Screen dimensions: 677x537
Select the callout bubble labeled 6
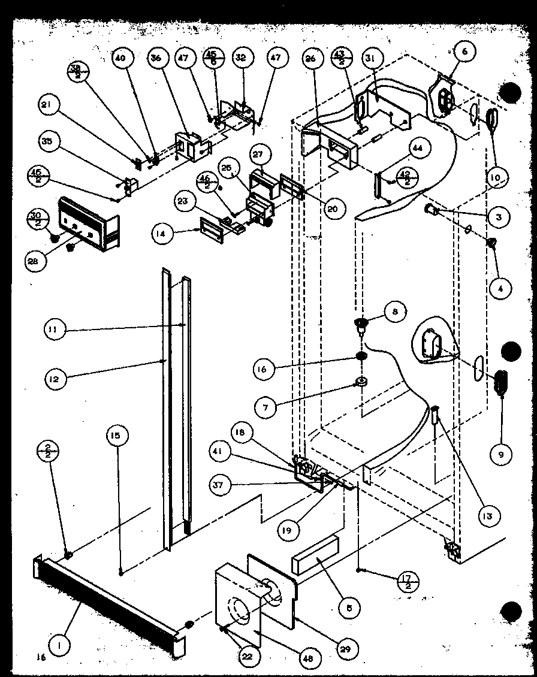coord(465,52)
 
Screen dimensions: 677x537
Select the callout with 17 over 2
coord(408,580)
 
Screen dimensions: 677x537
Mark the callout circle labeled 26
coord(310,58)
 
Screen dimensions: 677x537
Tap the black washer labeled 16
coord(362,357)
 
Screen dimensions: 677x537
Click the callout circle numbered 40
coord(120,58)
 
